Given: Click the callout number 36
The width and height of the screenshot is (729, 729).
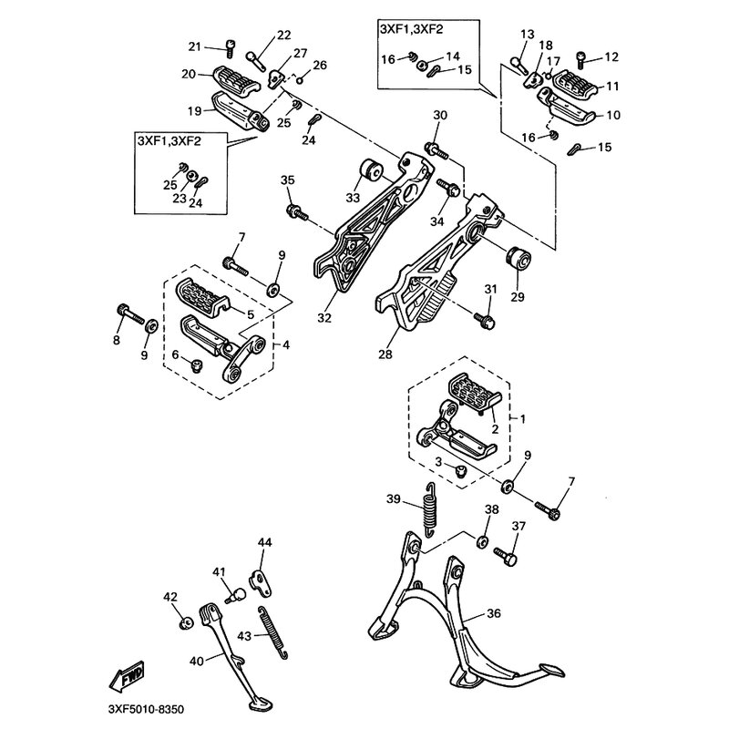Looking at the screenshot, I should point(492,612).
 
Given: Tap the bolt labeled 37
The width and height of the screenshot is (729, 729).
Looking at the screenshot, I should point(507,552).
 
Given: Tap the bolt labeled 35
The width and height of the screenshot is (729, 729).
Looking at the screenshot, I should point(295,213).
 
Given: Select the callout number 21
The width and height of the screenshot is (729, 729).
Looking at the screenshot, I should point(194,47).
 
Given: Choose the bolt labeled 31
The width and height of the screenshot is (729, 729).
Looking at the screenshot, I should point(487,320).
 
